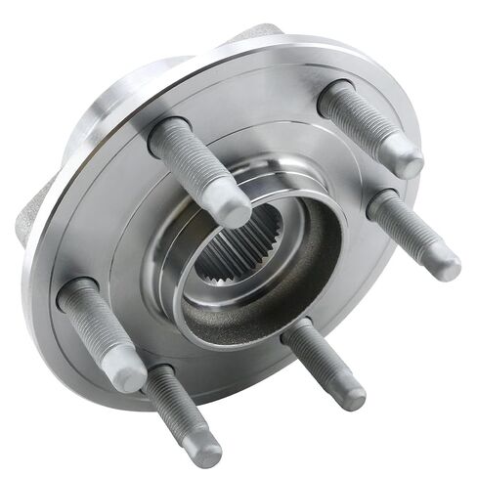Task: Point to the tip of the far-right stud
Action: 446,264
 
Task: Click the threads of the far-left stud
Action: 98,327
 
